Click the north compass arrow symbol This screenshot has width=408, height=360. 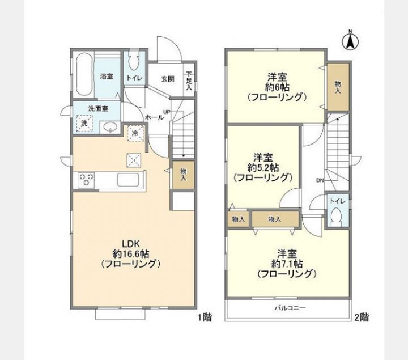pyautogui.click(x=350, y=41)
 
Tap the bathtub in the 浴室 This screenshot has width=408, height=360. pyautogui.click(x=85, y=75)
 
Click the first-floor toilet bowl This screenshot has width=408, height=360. pyautogui.click(x=134, y=61)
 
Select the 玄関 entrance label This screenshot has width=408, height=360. pyautogui.click(x=168, y=79)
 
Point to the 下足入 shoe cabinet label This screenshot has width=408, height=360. pyautogui.click(x=189, y=81)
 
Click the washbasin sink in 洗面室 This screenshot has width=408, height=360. pyautogui.click(x=110, y=128)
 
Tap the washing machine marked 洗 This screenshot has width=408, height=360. pyautogui.click(x=84, y=123)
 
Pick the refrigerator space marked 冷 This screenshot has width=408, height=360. pyautogui.click(x=135, y=133)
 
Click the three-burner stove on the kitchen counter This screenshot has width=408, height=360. pyautogui.click(x=86, y=180)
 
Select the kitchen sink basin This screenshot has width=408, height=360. pyautogui.click(x=127, y=180)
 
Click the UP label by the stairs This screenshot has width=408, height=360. pyautogui.click(x=167, y=112)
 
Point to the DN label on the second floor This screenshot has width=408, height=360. pyautogui.click(x=320, y=180)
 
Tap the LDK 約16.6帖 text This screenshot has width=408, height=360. pyautogui.click(x=131, y=248)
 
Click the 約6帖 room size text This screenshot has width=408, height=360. pyautogui.click(x=277, y=87)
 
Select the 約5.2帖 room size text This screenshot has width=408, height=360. pyautogui.click(x=263, y=167)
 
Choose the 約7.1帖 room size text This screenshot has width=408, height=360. pyautogui.click(x=287, y=264)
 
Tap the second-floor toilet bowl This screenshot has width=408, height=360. pyautogui.click(x=337, y=214)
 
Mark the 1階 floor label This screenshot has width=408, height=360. pyautogui.click(x=205, y=317)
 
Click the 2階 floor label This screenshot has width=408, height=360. pyautogui.click(x=362, y=317)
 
